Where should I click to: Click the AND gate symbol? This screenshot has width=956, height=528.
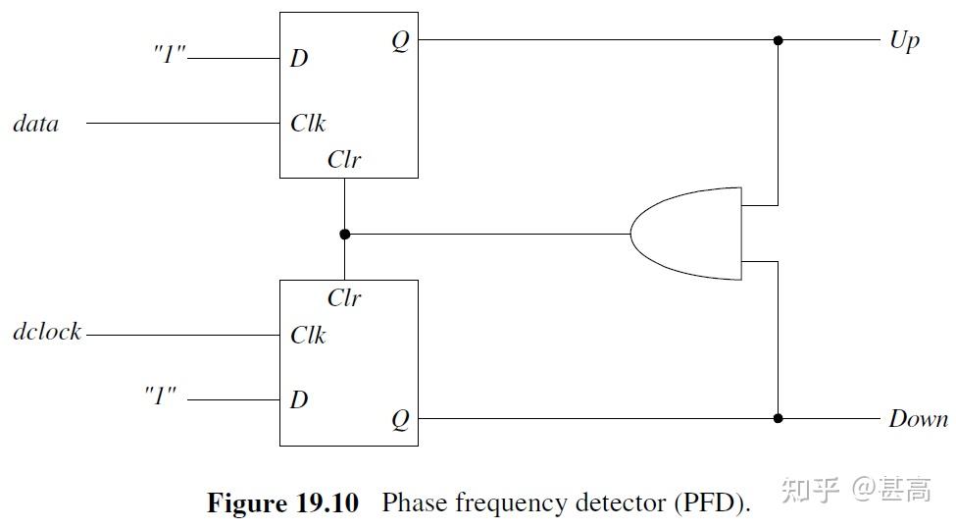pyautogui.click(x=686, y=234)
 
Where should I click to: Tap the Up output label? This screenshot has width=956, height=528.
pyautogui.click(x=904, y=41)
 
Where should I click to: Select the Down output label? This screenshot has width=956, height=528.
pyautogui.click(x=918, y=419)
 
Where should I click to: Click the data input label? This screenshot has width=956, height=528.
pyautogui.click(x=35, y=124)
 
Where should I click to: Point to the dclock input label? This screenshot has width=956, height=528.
pyautogui.click(x=47, y=332)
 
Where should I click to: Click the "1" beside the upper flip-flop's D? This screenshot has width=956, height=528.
pyautogui.click(x=170, y=55)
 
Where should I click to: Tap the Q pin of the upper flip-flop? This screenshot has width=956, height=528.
pyautogui.click(x=400, y=42)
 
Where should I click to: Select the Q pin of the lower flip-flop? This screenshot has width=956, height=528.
pyautogui.click(x=400, y=420)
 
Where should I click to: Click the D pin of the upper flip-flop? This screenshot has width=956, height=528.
pyautogui.click(x=299, y=58)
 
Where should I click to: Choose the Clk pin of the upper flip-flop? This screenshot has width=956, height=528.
pyautogui.click(x=308, y=124)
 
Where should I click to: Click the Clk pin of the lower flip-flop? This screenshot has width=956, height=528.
pyautogui.click(x=308, y=336)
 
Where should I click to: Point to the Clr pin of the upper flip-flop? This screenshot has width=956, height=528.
pyautogui.click(x=344, y=160)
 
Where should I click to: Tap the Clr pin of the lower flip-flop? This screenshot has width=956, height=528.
pyautogui.click(x=344, y=297)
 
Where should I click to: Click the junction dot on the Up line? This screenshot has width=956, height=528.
pyautogui.click(x=779, y=40)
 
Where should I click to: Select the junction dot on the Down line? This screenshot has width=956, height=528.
pyautogui.click(x=779, y=418)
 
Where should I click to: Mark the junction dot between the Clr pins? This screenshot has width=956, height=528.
pyautogui.click(x=344, y=235)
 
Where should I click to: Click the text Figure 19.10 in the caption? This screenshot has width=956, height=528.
pyautogui.click(x=282, y=503)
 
